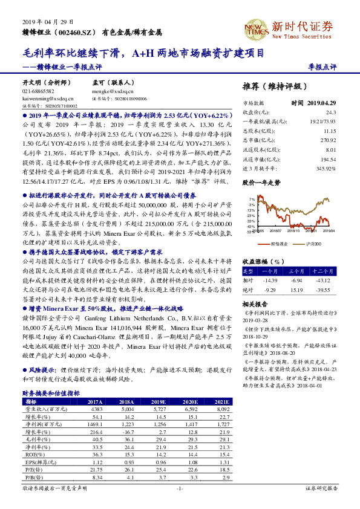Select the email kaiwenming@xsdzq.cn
tap(48, 97)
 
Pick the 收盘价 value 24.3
tap(330, 112)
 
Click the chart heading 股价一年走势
tap(261, 181)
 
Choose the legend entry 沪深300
tap(312, 244)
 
